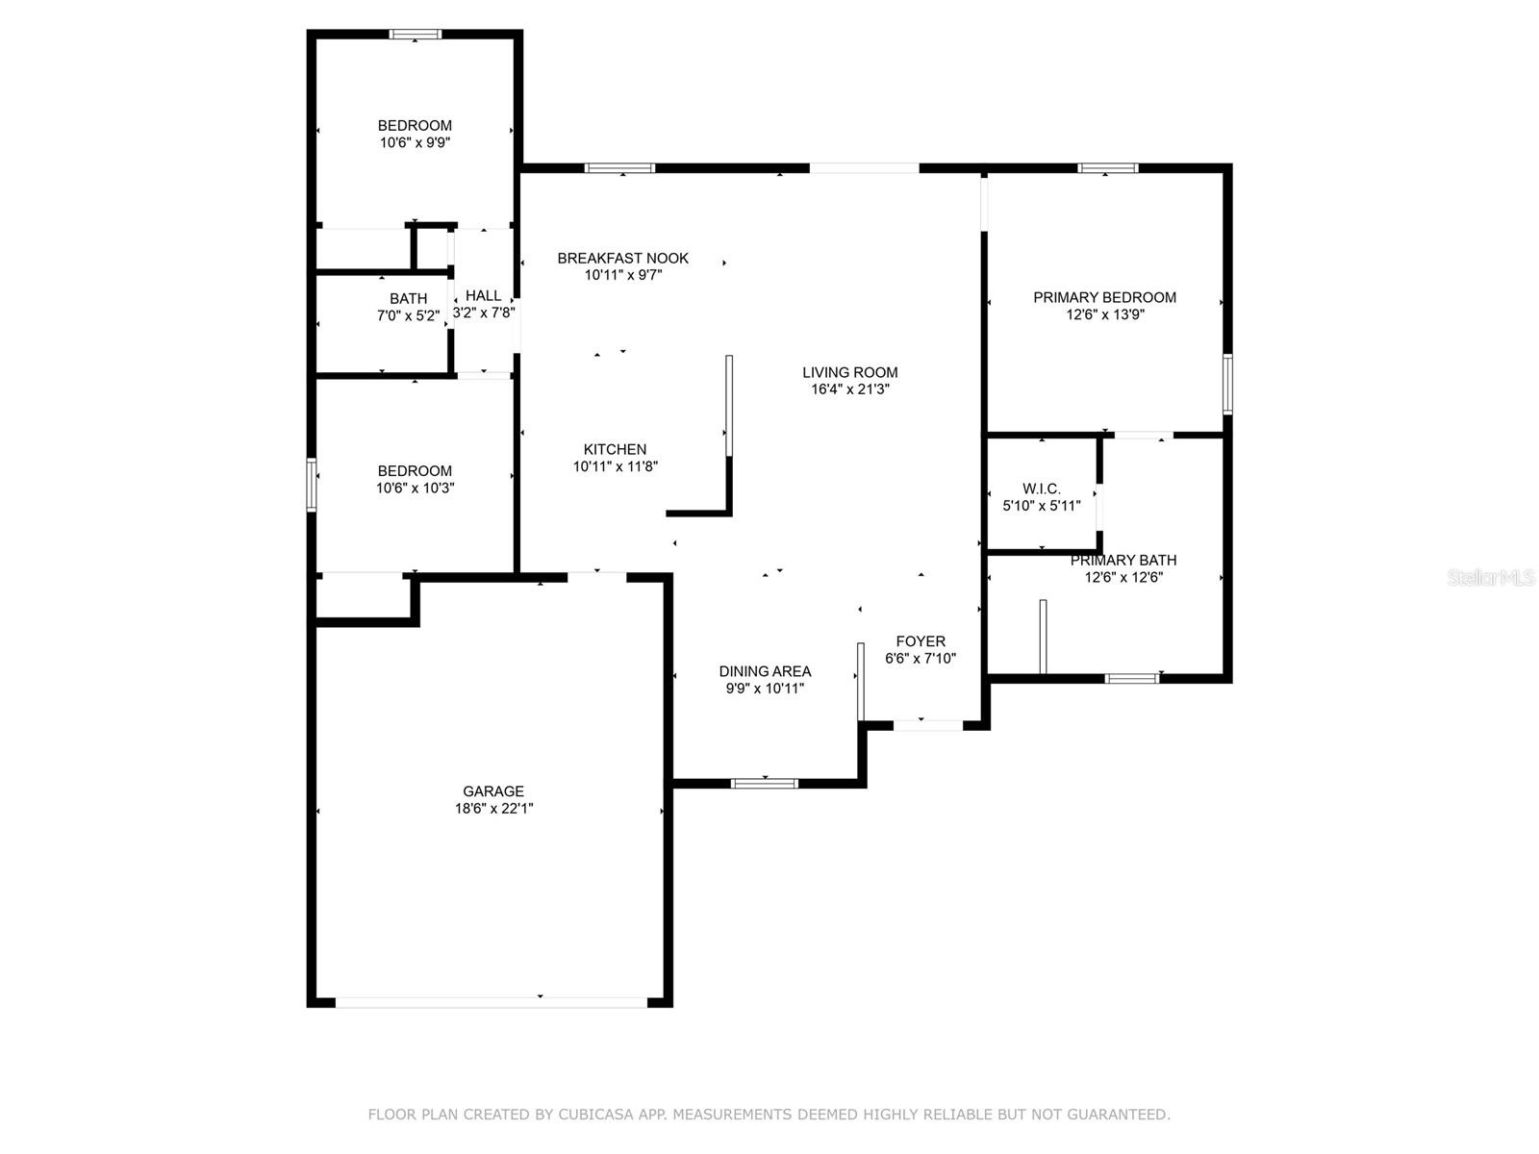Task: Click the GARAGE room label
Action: [493, 791]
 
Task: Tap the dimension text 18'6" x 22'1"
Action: [493, 809]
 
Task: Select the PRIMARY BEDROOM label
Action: [1104, 297]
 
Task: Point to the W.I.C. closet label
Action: [1042, 489]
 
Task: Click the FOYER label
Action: [921, 641]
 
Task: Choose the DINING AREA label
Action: [765, 671]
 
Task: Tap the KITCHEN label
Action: [615, 449]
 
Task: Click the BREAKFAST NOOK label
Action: [622, 258]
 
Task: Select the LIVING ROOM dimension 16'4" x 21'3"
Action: [850, 389]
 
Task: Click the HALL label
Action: [483, 295]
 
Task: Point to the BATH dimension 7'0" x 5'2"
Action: [408, 315]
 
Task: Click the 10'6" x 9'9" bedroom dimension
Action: [415, 142]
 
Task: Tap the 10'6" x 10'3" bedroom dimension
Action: [415, 488]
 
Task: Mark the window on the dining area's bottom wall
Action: [765, 783]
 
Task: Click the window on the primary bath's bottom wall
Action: [1132, 678]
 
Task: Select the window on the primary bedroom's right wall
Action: [1227, 384]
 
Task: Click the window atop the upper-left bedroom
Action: [415, 35]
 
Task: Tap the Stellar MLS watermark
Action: [1491, 578]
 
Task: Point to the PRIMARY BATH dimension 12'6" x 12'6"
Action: [1123, 578]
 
